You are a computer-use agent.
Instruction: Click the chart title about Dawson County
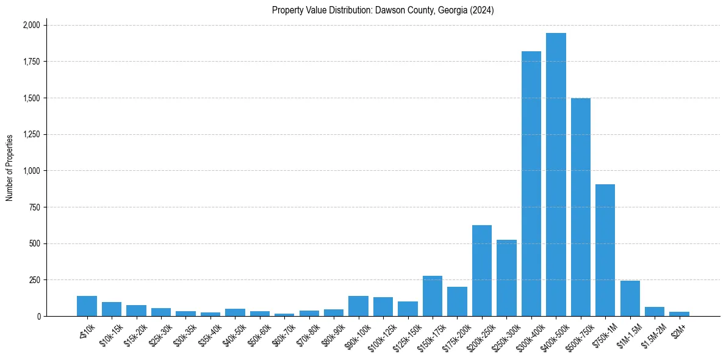click(x=383, y=10)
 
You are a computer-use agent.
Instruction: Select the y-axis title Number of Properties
click(x=10, y=168)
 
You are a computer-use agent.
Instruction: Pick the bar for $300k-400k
click(x=531, y=184)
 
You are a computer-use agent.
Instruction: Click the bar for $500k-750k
click(x=580, y=207)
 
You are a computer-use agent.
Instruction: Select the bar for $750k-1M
click(x=605, y=250)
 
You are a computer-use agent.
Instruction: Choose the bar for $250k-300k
click(x=506, y=278)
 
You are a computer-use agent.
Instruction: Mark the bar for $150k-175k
click(x=432, y=296)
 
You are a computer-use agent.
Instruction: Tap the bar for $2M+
click(x=679, y=314)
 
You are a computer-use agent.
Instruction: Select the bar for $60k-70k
click(x=284, y=315)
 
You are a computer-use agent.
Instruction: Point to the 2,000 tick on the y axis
click(x=31, y=25)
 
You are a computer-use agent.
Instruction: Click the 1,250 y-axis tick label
click(x=31, y=134)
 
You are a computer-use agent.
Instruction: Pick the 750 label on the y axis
click(x=35, y=207)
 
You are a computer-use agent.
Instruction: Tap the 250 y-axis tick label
click(x=35, y=280)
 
